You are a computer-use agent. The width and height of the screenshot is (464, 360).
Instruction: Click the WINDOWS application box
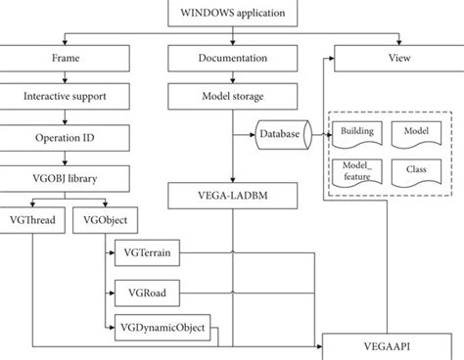coord(232,15)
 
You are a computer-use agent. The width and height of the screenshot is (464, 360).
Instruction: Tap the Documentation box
coord(232,59)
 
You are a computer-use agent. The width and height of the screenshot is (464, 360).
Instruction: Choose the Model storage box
coord(232,97)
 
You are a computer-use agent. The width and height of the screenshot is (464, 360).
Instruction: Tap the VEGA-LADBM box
coord(232,194)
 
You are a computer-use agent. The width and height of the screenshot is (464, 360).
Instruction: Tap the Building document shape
coord(357,131)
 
